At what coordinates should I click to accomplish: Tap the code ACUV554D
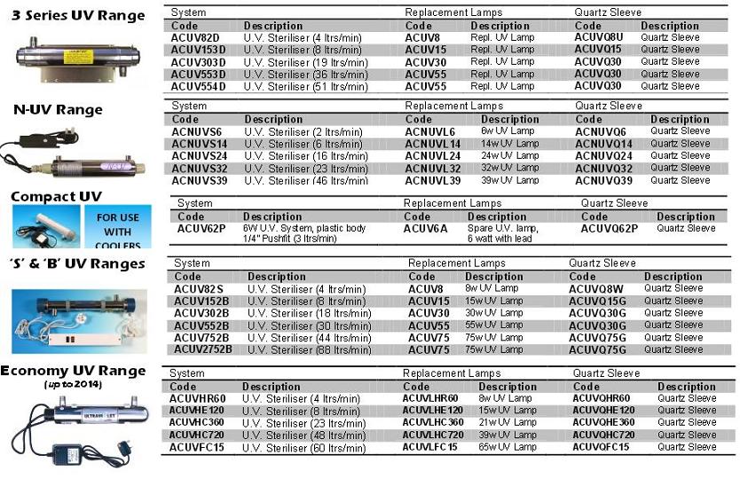(x=201, y=86)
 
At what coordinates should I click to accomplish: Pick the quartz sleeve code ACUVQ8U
(x=599, y=37)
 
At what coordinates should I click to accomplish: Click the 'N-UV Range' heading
(x=58, y=110)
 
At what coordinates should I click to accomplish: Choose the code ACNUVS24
(x=200, y=155)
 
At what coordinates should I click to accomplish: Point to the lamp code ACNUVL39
(x=433, y=180)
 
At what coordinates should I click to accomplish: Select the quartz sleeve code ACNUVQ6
(x=601, y=131)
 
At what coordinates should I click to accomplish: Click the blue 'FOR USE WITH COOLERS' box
(x=117, y=226)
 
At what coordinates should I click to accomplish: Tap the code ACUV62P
(x=202, y=228)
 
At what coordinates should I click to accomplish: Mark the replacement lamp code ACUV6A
(x=427, y=228)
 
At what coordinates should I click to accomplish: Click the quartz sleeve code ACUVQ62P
(x=610, y=228)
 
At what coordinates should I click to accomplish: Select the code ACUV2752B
(x=203, y=349)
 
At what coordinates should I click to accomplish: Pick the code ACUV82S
(x=199, y=288)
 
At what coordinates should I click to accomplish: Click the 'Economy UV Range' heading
(x=73, y=371)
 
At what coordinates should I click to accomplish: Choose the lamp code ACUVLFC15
(x=430, y=446)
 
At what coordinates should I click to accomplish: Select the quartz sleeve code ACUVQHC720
(x=603, y=435)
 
